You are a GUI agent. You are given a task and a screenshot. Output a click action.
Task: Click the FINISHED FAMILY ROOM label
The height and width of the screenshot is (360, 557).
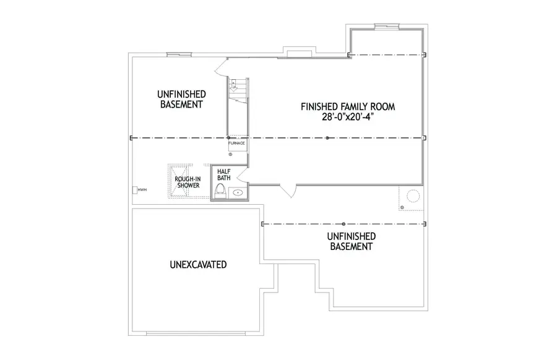[x=347, y=106]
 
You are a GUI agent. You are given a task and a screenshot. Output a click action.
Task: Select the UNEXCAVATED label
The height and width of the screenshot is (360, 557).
[x=197, y=265]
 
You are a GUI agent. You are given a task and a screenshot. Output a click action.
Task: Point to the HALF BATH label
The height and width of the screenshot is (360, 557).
[x=223, y=174]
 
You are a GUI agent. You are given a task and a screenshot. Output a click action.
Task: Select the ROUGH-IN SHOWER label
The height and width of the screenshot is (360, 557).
[x=187, y=182]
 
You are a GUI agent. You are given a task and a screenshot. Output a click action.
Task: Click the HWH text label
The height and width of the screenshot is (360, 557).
[x=142, y=190]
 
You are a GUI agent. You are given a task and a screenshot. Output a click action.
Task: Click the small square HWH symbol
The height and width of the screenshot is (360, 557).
[x=134, y=190]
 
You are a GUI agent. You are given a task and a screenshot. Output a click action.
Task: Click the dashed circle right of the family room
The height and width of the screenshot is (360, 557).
[x=411, y=196]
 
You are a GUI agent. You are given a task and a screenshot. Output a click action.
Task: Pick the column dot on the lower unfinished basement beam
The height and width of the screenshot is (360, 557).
[x=343, y=223]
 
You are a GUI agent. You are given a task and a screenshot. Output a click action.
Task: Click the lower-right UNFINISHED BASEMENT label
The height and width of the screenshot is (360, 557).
[x=350, y=241]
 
